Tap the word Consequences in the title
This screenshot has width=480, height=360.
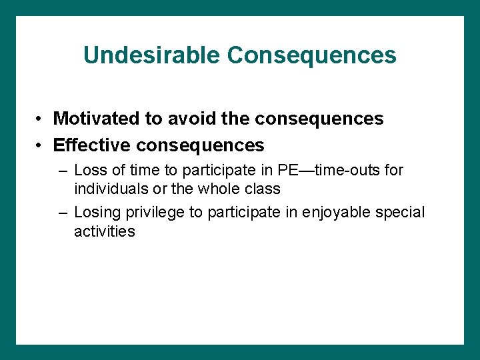311,55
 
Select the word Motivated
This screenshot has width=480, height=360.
97,119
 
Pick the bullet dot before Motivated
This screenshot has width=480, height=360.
41,119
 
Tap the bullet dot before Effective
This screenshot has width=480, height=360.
41,145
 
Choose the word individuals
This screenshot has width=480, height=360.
107,189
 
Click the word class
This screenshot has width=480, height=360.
262,189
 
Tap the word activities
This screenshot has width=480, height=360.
105,231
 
